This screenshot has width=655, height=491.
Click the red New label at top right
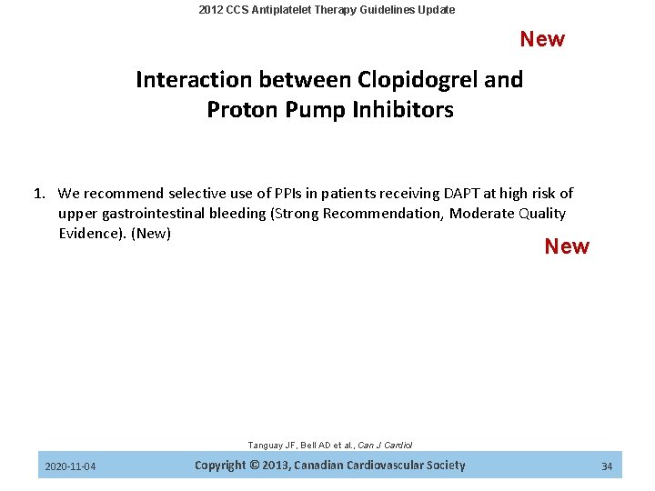pos(542,39)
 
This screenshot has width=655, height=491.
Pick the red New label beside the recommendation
pos(567,246)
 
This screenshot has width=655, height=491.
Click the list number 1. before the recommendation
pos(40,193)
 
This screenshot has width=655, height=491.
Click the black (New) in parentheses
pos(151,234)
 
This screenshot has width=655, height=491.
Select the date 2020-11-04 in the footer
pos(70,466)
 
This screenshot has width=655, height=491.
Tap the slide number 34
pos(607,466)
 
